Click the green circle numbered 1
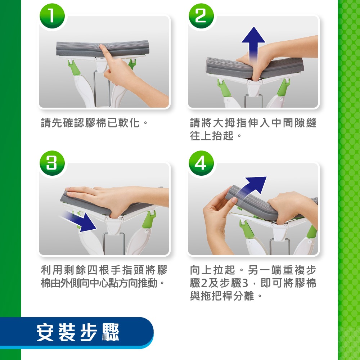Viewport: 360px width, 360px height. (52, 16)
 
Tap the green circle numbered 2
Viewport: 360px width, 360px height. (201, 16)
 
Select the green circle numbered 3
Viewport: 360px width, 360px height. (52, 163)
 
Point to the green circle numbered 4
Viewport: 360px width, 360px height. (201, 163)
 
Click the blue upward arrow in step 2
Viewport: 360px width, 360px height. (253, 44)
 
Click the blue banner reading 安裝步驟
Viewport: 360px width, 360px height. (77, 333)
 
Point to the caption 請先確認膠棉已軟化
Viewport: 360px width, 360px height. (94, 123)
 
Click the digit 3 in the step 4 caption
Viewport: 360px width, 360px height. (245, 283)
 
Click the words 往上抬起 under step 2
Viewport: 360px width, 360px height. (212, 135)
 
